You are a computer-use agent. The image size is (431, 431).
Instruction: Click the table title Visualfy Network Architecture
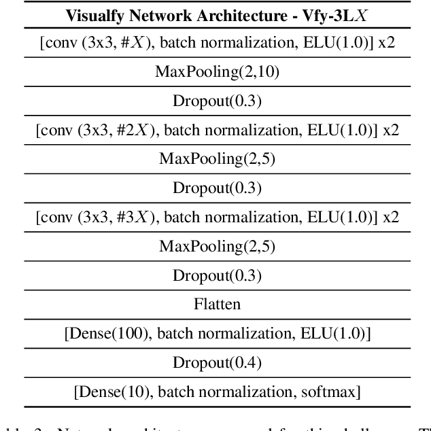coord(217,14)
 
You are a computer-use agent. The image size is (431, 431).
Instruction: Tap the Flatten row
coord(217,304)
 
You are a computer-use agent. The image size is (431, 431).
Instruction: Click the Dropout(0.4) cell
coord(217,363)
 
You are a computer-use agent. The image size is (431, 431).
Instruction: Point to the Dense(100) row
coord(217,333)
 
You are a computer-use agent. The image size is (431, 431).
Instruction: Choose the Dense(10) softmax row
coord(217,392)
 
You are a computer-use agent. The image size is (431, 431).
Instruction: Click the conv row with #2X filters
coord(217,130)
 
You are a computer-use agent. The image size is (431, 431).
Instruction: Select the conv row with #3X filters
coord(217,217)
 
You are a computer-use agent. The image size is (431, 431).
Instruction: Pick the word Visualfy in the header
coord(94,14)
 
